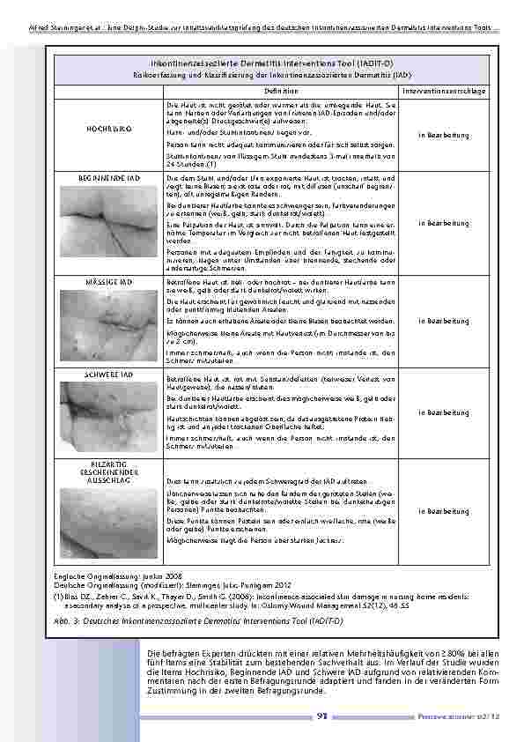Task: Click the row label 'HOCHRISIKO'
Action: (x=109, y=129)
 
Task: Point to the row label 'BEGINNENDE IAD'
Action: (x=109, y=178)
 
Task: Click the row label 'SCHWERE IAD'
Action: (x=109, y=375)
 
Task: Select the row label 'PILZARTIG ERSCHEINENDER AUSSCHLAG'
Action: (x=109, y=471)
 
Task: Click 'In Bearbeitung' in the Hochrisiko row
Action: (x=444, y=134)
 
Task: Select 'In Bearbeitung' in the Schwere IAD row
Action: (x=444, y=412)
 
